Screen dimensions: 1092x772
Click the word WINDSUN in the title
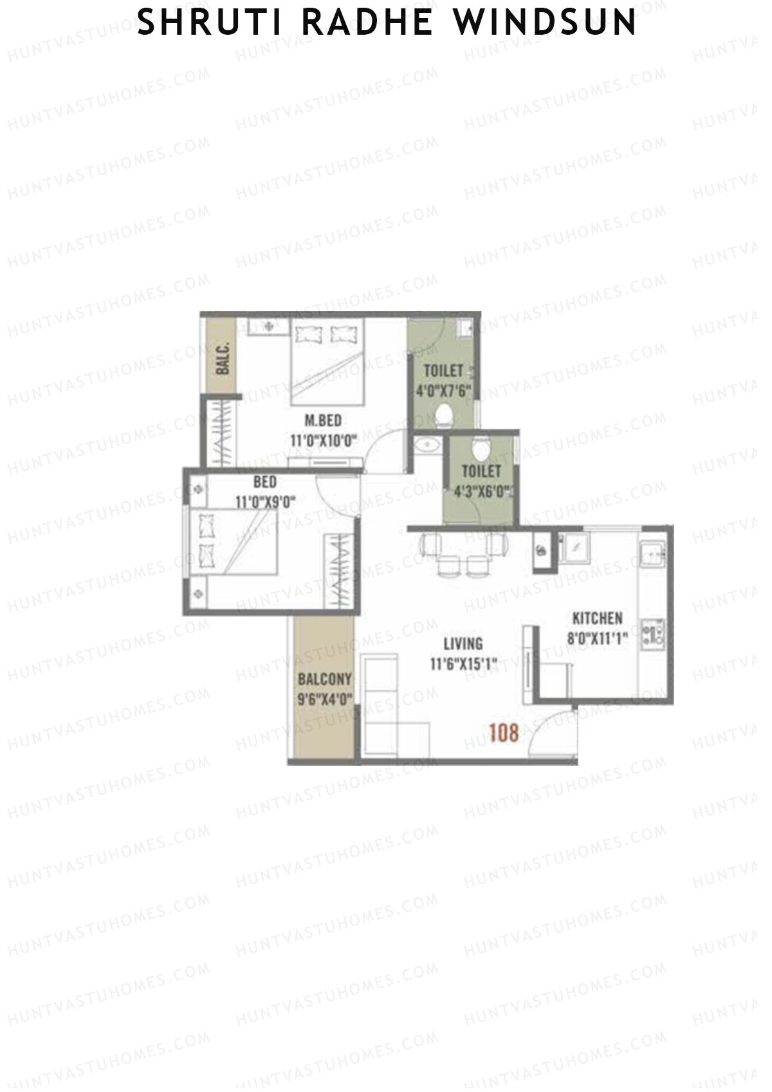(x=544, y=23)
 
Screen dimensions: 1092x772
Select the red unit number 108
(x=503, y=733)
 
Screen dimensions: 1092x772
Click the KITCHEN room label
(x=597, y=618)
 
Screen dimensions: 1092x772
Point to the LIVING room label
(x=463, y=643)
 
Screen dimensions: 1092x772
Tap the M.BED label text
(x=323, y=421)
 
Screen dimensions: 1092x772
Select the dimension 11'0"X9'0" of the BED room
(x=265, y=503)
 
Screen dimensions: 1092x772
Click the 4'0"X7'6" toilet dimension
(x=445, y=391)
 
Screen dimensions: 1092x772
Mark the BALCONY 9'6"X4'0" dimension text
(x=324, y=699)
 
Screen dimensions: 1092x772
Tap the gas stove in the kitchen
(x=654, y=633)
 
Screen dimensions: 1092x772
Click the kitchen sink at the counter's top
(x=654, y=555)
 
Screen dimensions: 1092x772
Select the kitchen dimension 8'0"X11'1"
(x=597, y=639)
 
